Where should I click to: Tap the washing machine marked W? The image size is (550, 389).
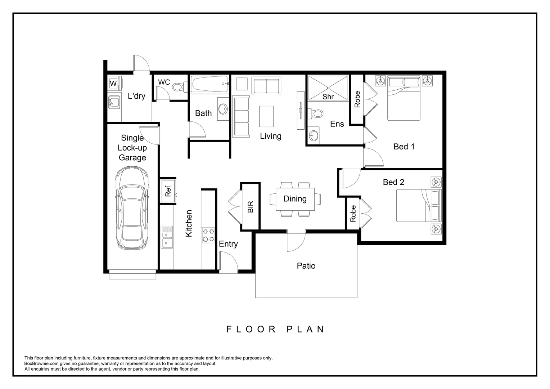pyautogui.click(x=113, y=84)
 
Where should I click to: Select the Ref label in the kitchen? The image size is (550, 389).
pyautogui.click(x=168, y=191)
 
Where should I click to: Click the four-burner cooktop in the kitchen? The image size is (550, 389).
pyautogui.click(x=208, y=235)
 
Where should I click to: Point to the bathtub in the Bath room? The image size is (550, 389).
pyautogui.click(x=209, y=85)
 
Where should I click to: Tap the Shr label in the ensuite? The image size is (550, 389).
pyautogui.click(x=328, y=97)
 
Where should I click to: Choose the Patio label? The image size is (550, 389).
pyautogui.click(x=306, y=266)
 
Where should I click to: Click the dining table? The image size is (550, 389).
pyautogui.click(x=295, y=199)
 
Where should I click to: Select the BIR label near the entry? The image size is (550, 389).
pyautogui.click(x=251, y=207)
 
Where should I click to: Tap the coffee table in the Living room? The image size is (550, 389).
pyautogui.click(x=266, y=116)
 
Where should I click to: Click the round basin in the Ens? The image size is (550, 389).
pyautogui.click(x=313, y=136)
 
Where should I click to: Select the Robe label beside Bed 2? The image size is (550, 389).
pyautogui.click(x=353, y=214)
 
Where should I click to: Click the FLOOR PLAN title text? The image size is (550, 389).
pyautogui.click(x=275, y=329)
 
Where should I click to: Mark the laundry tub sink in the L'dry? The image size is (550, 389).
pyautogui.click(x=114, y=102)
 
